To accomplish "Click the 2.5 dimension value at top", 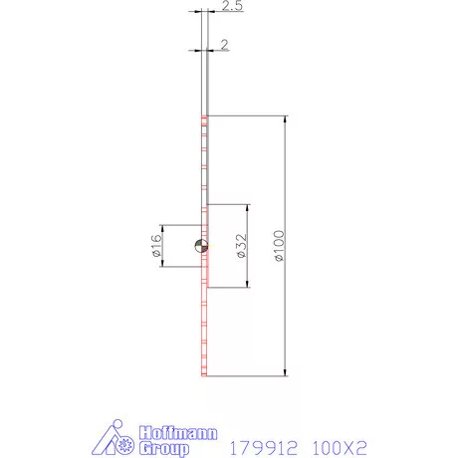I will pyautogui.click(x=230, y=7).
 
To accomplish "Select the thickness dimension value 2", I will pyautogui.click(x=226, y=45).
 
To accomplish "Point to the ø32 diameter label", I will pyautogui.click(x=240, y=247).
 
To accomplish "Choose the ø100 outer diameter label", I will pyautogui.click(x=279, y=246).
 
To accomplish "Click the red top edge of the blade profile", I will pyautogui.click(x=203, y=117).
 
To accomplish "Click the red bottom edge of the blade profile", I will pyautogui.click(x=203, y=375).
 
